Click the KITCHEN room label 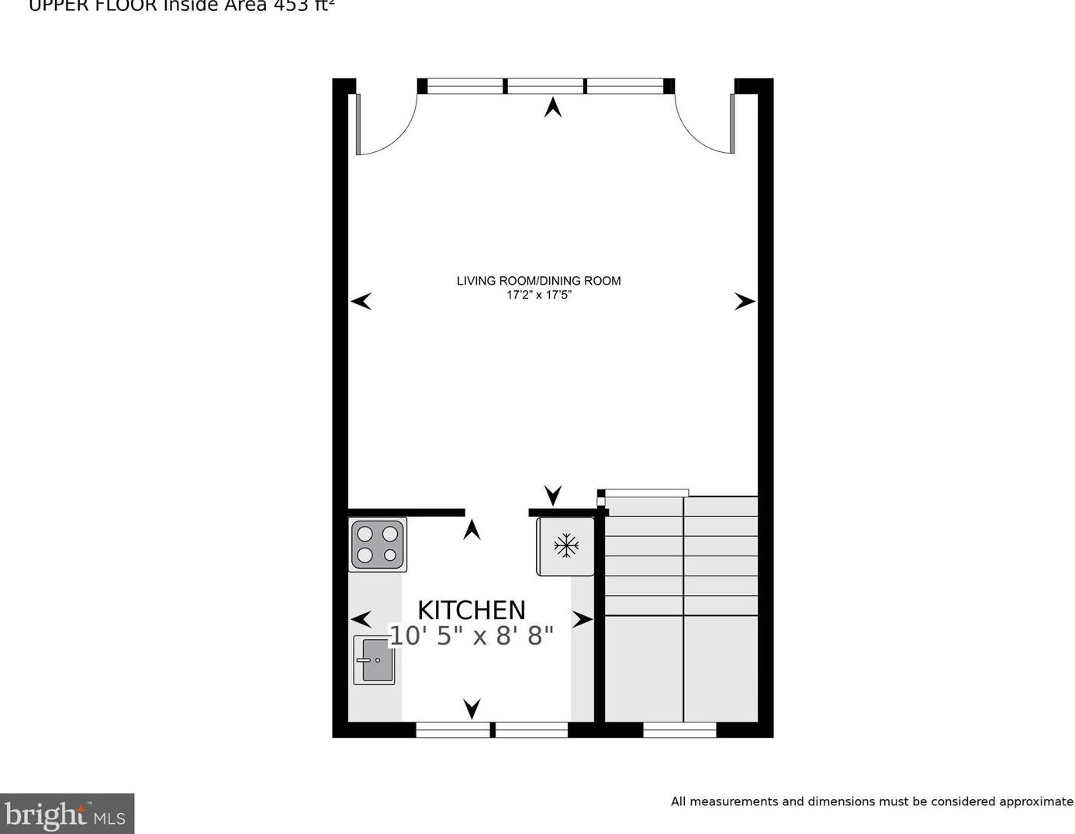click(x=472, y=610)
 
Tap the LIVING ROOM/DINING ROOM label click(x=538, y=281)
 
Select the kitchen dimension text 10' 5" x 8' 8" click(x=472, y=636)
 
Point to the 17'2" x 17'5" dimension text click(x=538, y=296)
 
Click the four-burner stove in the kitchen click(x=378, y=544)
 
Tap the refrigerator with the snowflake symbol click(x=566, y=545)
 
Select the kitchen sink click(x=375, y=660)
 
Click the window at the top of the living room click(x=546, y=86)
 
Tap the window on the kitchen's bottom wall click(x=493, y=730)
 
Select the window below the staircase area click(x=679, y=730)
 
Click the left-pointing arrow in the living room click(x=361, y=301)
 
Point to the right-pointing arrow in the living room click(x=745, y=302)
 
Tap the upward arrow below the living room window click(x=553, y=107)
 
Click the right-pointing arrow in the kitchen click(x=582, y=619)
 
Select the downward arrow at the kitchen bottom click(x=472, y=708)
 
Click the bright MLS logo click(x=67, y=814)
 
